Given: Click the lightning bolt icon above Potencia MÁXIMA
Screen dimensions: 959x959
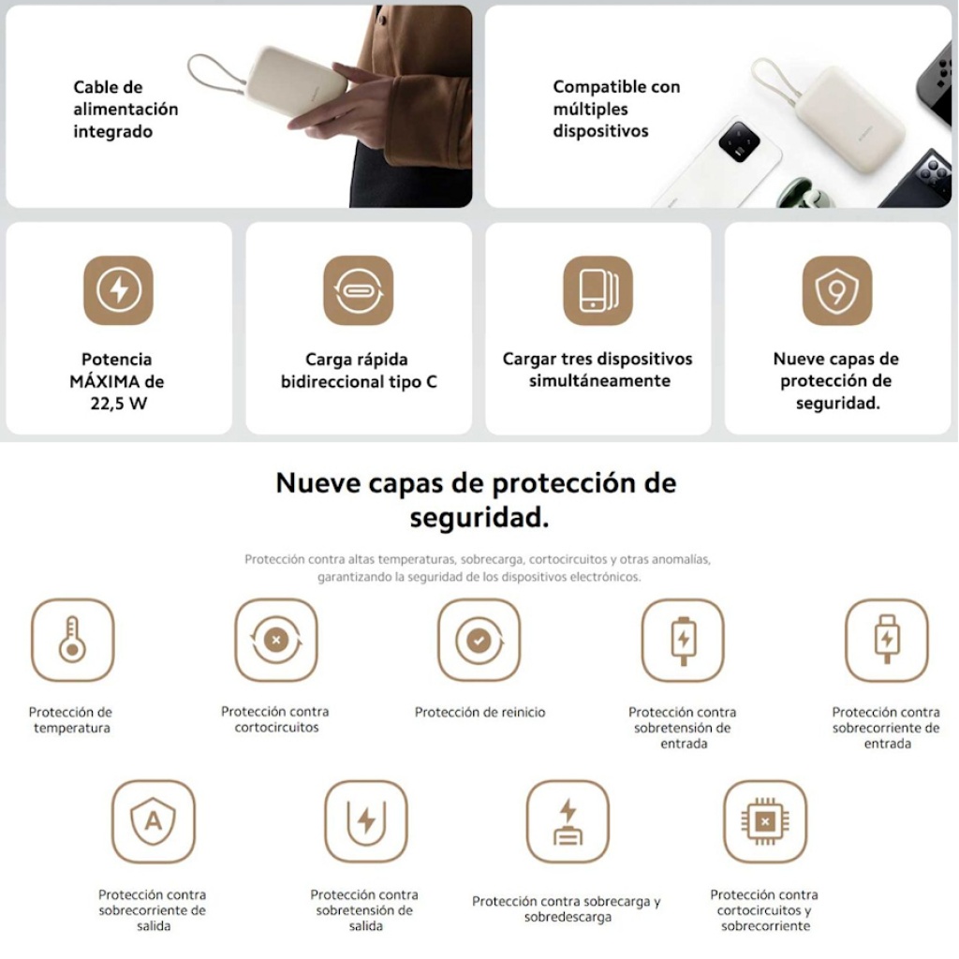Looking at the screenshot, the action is [119, 290].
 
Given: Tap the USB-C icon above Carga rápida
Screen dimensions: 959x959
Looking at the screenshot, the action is [359, 290].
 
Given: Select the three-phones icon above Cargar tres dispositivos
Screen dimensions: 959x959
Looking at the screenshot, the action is [598, 290].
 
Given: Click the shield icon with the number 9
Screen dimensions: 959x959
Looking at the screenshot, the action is [837, 290].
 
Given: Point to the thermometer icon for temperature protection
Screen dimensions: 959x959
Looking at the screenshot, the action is [72, 640].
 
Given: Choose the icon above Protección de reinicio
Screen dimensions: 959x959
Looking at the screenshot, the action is [479, 640].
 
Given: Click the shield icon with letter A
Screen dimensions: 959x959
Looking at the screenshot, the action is [154, 820].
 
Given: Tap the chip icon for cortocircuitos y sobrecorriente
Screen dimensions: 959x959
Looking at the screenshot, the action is [764, 820].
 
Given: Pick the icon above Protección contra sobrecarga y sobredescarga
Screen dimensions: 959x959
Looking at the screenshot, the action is [568, 820].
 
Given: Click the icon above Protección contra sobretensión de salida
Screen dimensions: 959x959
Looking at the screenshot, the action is [366, 820].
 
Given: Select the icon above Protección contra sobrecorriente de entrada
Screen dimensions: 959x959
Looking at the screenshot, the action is [887, 640].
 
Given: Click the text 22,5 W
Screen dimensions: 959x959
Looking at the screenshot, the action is [119, 404].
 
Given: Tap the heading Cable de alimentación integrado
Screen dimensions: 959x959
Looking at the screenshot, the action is [125, 109].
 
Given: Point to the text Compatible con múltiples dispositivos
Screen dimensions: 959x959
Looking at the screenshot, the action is [616, 109].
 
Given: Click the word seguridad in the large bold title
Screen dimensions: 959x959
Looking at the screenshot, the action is [479, 518].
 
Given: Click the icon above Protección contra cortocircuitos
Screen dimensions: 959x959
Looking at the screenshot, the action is [276, 640].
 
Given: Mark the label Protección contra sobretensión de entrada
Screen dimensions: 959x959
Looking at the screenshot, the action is [683, 728].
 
